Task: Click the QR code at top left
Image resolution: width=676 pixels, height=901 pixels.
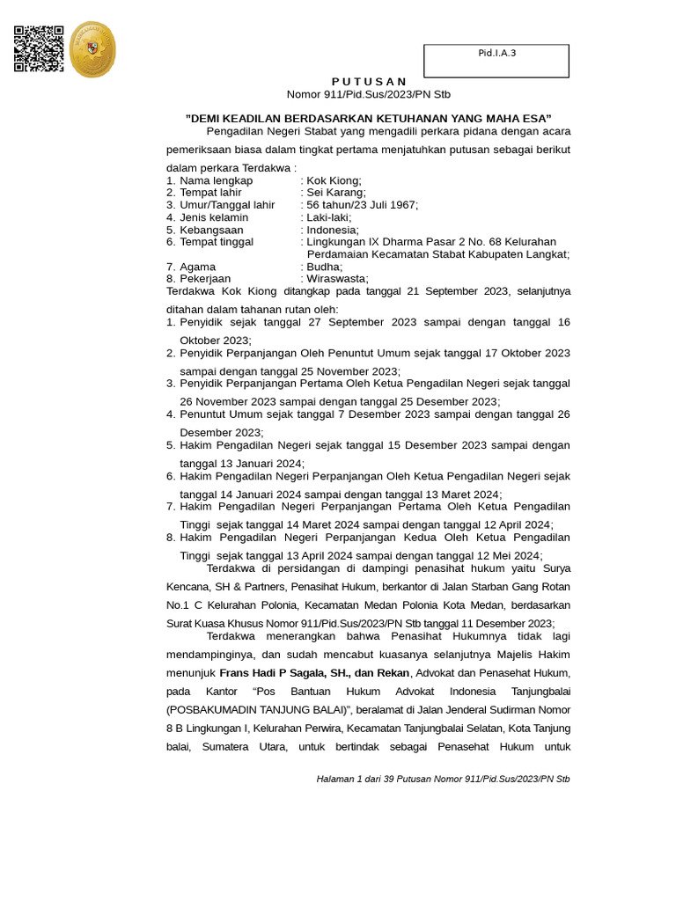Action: tap(39, 49)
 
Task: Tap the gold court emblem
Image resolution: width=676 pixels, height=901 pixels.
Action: tap(92, 50)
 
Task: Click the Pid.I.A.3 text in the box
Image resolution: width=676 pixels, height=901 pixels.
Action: tap(496, 53)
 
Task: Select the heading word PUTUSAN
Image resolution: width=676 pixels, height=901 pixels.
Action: tap(369, 81)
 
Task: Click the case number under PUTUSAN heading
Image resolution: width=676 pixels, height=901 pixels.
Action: tap(369, 94)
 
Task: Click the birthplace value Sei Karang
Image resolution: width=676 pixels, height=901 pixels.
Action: tap(336, 193)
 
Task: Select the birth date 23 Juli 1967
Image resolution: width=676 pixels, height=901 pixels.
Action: tap(386, 205)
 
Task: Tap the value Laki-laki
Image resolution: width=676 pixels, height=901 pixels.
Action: tap(328, 217)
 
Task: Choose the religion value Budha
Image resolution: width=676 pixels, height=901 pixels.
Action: tap(325, 267)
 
